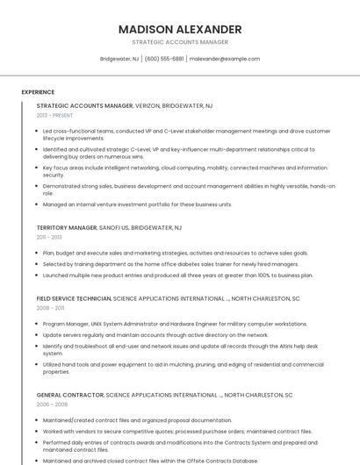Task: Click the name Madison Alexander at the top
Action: tap(180, 29)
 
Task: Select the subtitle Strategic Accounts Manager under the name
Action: tap(180, 42)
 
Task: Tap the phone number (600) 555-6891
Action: tap(164, 59)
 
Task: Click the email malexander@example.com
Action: tap(225, 59)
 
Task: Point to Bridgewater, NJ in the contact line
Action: tap(119, 59)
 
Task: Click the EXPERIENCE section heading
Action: tap(38, 91)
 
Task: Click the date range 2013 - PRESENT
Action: tap(54, 115)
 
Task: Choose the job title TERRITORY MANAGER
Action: tap(67, 227)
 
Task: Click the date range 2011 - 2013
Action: tap(49, 237)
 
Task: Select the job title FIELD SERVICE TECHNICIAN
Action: tap(74, 298)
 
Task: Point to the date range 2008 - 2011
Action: tap(50, 308)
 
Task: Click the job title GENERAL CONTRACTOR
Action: tap(69, 396)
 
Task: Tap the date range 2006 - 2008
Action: tap(50, 405)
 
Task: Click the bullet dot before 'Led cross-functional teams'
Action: tap(38, 131)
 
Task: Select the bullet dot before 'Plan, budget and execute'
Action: tap(38, 253)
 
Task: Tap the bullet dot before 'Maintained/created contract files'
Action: tap(38, 420)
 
